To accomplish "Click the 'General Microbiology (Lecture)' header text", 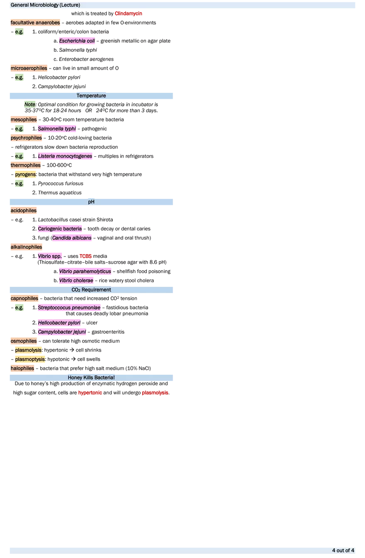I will point(45,5).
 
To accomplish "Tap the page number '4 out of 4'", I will point(343,551).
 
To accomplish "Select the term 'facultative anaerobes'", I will point(35,22).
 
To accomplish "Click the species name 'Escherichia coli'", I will point(77,41).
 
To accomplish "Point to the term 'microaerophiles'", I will point(29,68).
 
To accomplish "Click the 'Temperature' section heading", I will point(91,96).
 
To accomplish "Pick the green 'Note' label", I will point(30,104).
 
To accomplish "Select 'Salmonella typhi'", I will point(58,129).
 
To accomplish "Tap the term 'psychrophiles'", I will point(26,138).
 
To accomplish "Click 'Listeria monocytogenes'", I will point(65,156).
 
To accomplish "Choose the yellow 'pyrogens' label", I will point(26,175).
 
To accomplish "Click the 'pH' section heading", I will point(91,202).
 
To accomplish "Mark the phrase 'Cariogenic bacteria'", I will point(60,229).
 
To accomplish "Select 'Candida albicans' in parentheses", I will point(71,238).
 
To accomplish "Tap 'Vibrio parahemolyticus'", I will point(85,272).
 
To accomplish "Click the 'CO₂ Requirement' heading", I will point(91,290).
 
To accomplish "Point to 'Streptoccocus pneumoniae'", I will point(69,308).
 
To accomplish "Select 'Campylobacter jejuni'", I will point(62,332).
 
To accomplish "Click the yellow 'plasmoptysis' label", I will point(30,359).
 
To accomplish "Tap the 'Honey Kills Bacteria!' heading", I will point(91,378).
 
